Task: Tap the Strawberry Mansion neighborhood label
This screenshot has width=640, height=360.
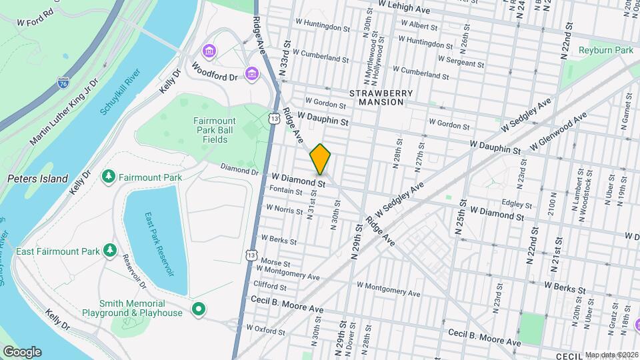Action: [380, 97]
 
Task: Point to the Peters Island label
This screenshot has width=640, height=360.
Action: [37, 179]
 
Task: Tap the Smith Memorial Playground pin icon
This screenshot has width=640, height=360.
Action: [197, 309]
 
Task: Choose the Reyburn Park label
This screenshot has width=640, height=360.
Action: [605, 50]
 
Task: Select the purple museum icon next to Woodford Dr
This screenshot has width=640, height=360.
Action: [251, 73]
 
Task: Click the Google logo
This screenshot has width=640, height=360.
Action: [22, 352]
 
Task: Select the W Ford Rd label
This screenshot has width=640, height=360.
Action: [35, 22]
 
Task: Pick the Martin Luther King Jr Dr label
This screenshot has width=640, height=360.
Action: [64, 111]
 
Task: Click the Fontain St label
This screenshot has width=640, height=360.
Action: [286, 189]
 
